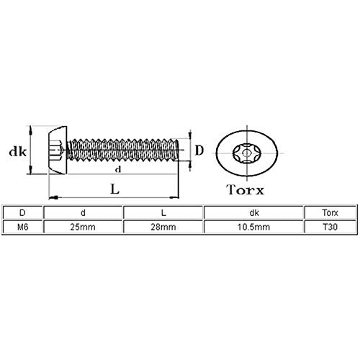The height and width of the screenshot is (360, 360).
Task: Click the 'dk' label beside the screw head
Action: (x=17, y=152)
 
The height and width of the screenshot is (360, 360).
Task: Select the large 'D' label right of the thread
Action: (x=199, y=150)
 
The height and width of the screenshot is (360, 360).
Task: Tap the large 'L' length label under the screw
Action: (x=114, y=189)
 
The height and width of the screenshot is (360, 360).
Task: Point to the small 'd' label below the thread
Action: (x=118, y=170)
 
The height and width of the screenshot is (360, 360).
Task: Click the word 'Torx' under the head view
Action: (x=245, y=189)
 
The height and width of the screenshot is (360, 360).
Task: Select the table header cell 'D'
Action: (x=22, y=212)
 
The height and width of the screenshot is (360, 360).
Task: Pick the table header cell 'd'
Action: (x=83, y=212)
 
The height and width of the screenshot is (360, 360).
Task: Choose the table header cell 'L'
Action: (x=163, y=212)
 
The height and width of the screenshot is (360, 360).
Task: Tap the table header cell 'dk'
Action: (x=254, y=212)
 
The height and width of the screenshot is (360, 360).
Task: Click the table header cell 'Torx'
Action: (x=330, y=212)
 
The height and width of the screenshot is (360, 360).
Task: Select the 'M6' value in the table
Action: (x=23, y=227)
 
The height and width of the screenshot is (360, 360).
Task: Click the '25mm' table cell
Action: (x=83, y=227)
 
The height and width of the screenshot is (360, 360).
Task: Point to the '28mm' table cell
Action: (x=163, y=227)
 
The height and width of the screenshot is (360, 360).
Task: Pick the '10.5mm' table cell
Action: (x=253, y=227)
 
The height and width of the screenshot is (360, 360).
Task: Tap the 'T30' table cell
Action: (x=330, y=227)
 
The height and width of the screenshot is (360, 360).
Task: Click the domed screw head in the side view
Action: (x=58, y=150)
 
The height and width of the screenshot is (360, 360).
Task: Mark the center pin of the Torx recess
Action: (x=246, y=153)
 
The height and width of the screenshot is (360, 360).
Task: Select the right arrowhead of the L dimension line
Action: (x=174, y=197)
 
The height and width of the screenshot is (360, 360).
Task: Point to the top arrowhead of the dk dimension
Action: (x=30, y=131)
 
